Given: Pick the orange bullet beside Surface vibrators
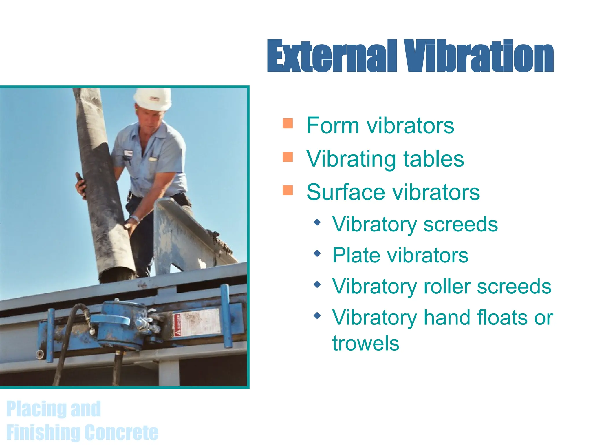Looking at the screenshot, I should (x=288, y=190).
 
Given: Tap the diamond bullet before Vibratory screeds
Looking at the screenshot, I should (x=317, y=222).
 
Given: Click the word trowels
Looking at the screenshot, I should (x=366, y=344).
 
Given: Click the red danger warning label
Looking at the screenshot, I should (x=177, y=324).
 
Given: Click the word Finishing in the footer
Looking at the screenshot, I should (x=43, y=432).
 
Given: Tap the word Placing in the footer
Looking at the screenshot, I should (x=36, y=409).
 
